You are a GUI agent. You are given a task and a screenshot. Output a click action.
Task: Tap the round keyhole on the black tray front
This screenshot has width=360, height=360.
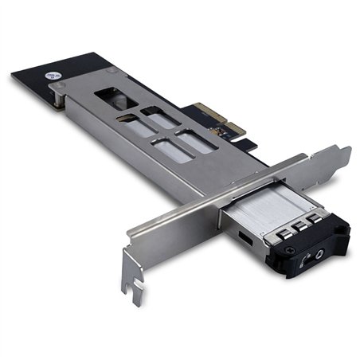pos(320,256)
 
